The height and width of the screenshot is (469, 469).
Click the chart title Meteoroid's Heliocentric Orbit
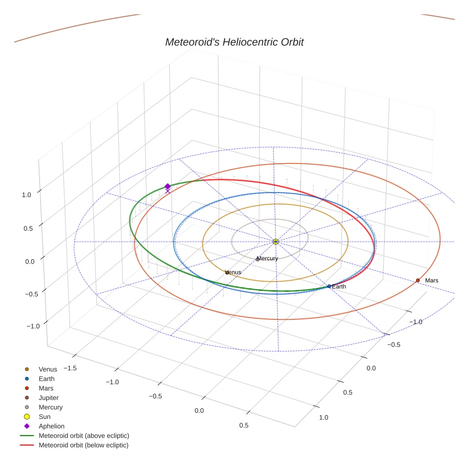point(234,42)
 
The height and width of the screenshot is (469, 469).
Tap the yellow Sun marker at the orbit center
point(275,242)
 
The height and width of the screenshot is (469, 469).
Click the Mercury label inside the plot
point(267,258)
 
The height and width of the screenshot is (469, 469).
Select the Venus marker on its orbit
point(227,272)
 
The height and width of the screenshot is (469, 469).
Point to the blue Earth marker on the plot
point(329,286)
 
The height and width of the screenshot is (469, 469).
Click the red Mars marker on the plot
point(418,280)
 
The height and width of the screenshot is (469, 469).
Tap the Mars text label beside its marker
point(431,281)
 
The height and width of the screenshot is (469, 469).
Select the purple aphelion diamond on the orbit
point(167,186)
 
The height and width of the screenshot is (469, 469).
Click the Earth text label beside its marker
point(339,286)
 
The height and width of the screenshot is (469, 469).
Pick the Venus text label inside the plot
point(233,272)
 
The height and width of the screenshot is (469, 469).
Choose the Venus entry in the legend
point(48,369)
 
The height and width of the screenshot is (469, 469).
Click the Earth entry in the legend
point(47,378)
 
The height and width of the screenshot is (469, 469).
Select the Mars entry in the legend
point(46,388)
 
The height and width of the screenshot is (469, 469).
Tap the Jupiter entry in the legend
point(49,398)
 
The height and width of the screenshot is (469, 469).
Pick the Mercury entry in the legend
point(51,407)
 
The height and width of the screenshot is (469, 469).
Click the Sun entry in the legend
point(44,417)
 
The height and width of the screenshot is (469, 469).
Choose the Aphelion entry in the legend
point(51,426)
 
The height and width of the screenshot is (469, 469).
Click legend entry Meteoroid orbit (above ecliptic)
point(84,436)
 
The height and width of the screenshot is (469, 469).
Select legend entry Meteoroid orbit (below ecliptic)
point(83,445)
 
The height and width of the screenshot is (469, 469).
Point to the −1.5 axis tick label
point(71,368)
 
